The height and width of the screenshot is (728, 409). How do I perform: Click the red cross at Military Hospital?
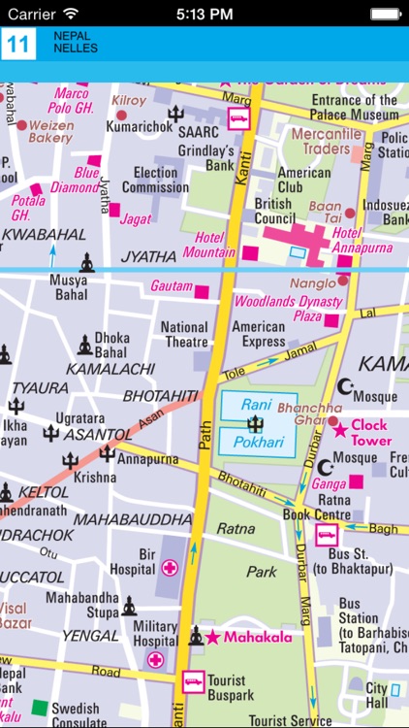(155, 660)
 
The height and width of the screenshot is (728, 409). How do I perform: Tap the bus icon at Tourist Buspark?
(193, 682)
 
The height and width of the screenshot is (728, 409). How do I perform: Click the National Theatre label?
(184, 335)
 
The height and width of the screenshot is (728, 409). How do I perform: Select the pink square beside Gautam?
(202, 291)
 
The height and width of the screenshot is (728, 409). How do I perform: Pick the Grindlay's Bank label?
(205, 157)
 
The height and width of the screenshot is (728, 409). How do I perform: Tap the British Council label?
(274, 211)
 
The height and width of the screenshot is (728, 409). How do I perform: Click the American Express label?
(258, 335)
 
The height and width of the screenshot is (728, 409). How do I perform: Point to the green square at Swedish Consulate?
(39, 708)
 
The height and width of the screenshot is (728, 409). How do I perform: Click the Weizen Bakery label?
(50, 131)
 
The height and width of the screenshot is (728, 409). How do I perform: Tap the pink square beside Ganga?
(356, 481)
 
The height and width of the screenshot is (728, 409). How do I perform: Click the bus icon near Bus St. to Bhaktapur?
(326, 534)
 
